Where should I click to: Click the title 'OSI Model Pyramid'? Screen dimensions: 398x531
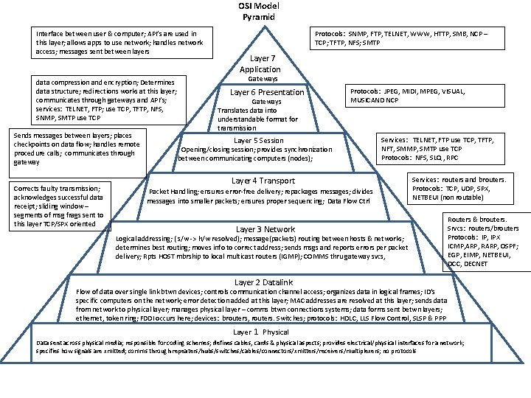tap(257, 11)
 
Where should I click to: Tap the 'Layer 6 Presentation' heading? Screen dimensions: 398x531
tap(267, 92)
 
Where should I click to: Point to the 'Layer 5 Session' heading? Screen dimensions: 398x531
tap(258, 140)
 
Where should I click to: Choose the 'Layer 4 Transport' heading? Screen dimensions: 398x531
tap(263, 181)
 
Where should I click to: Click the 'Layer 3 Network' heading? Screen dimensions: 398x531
tap(265, 229)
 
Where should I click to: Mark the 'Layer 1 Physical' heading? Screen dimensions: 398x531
tap(261, 332)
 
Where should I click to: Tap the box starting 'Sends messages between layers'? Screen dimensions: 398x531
tap(77, 149)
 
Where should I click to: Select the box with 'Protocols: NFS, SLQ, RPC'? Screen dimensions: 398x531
tap(438, 148)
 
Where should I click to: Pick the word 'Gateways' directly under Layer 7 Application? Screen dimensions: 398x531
tap(263, 78)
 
